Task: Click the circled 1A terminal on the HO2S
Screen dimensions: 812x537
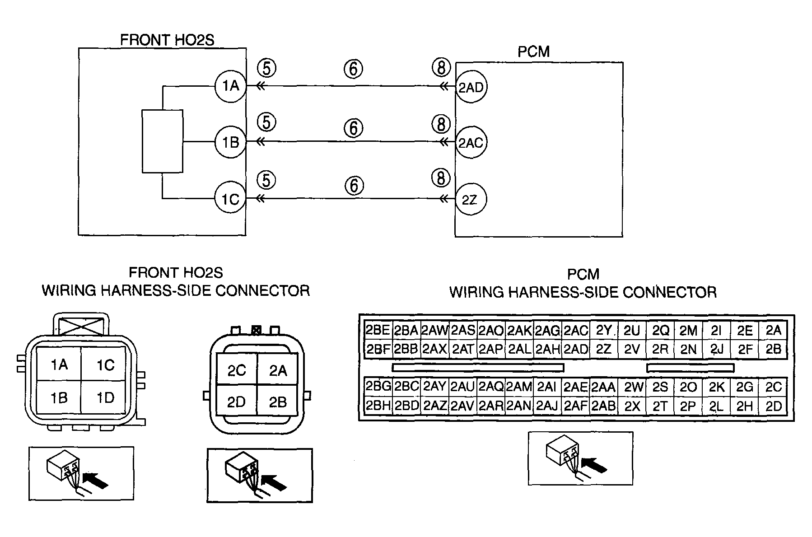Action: point(230,85)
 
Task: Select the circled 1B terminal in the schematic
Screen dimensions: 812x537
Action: point(230,142)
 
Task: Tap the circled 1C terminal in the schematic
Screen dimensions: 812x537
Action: point(230,199)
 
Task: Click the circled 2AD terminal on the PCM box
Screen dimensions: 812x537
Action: point(471,87)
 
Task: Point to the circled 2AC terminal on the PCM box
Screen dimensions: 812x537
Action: point(471,143)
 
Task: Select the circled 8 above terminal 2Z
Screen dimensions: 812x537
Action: point(441,178)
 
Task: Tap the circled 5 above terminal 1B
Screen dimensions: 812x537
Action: point(266,123)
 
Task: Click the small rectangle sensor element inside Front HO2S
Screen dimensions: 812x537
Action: point(163,141)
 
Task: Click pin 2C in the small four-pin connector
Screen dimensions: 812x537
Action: point(237,370)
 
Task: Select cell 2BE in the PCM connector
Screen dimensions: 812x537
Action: point(378,330)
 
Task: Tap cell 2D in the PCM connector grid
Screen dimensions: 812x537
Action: point(773,406)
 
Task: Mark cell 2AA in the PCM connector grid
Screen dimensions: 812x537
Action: point(603,387)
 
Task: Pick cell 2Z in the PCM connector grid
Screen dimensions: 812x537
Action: point(603,349)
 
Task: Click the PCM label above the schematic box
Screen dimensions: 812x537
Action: point(533,51)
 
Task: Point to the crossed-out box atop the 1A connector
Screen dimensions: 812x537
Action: point(81,324)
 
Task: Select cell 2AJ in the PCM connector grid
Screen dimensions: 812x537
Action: point(547,406)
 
